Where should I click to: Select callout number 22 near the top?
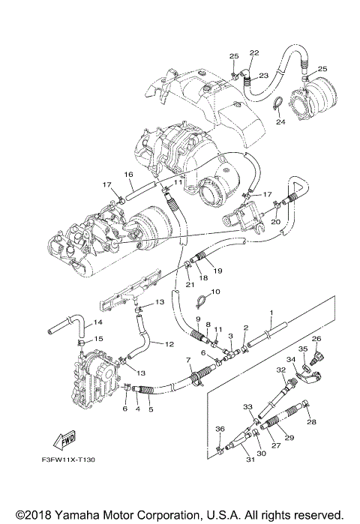coord(254,52)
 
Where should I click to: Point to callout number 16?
coord(128,174)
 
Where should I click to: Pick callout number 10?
coord(214,292)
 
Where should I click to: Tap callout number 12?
coord(169,344)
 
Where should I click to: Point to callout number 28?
coord(312,423)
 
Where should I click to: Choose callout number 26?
coord(316,339)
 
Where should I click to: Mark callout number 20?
coord(275,222)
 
